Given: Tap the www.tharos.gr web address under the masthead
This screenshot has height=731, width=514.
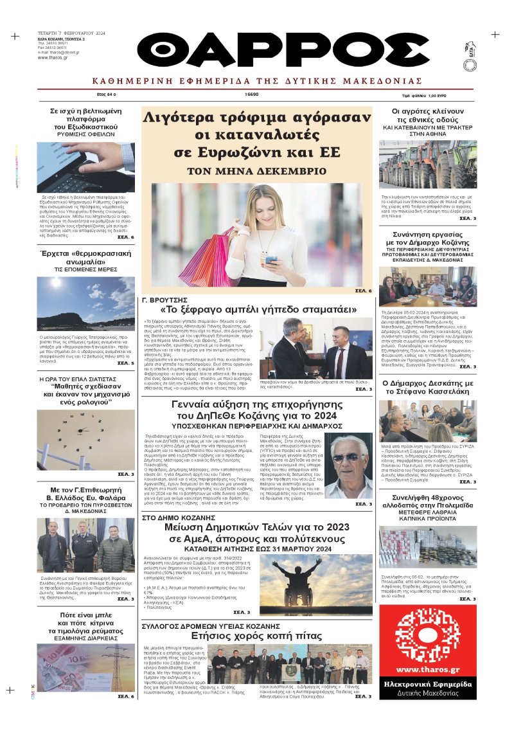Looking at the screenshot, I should (52, 57).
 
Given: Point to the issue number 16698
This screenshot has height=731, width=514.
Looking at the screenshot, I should (252, 94).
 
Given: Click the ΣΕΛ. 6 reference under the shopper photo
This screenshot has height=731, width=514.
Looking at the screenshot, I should (363, 291).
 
